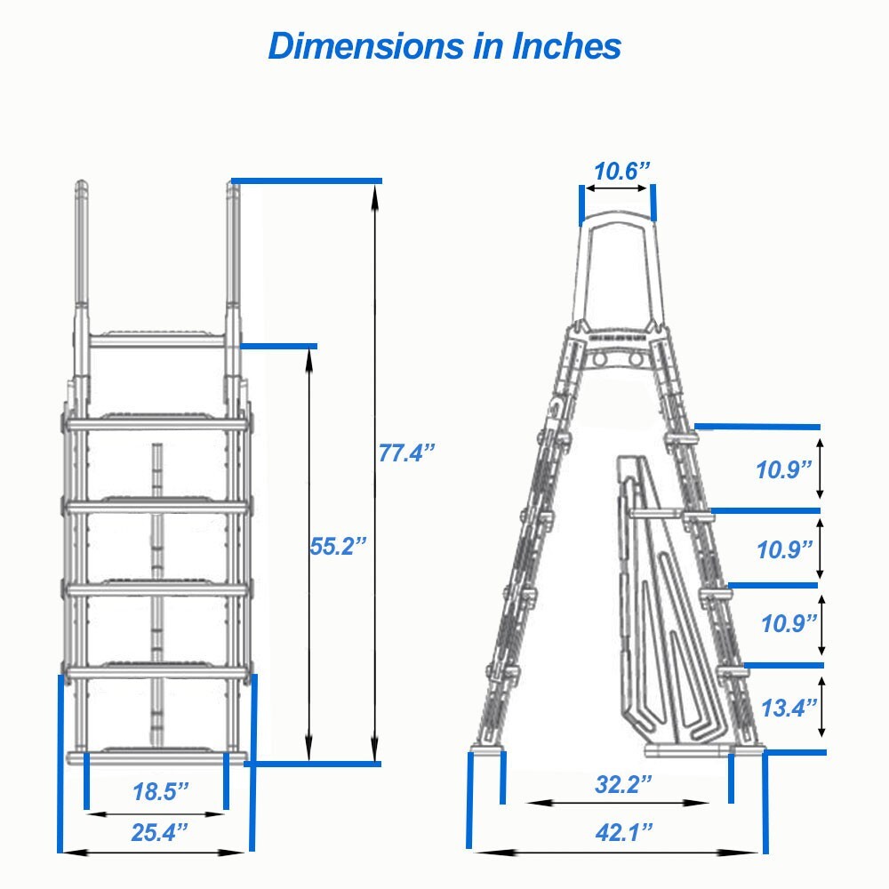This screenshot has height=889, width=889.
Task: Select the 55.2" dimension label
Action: click(338, 546)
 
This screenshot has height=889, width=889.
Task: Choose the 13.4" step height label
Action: click(789, 708)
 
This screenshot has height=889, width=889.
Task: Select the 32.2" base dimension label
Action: click(623, 784)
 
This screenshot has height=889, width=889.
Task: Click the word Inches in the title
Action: click(566, 46)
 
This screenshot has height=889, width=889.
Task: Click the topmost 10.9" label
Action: click(785, 469)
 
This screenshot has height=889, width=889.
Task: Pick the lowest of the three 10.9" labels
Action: click(789, 624)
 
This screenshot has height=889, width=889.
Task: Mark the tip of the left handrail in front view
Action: click(81, 188)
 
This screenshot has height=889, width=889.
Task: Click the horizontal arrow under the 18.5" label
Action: click(156, 813)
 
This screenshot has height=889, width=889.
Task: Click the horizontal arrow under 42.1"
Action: click(616, 852)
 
